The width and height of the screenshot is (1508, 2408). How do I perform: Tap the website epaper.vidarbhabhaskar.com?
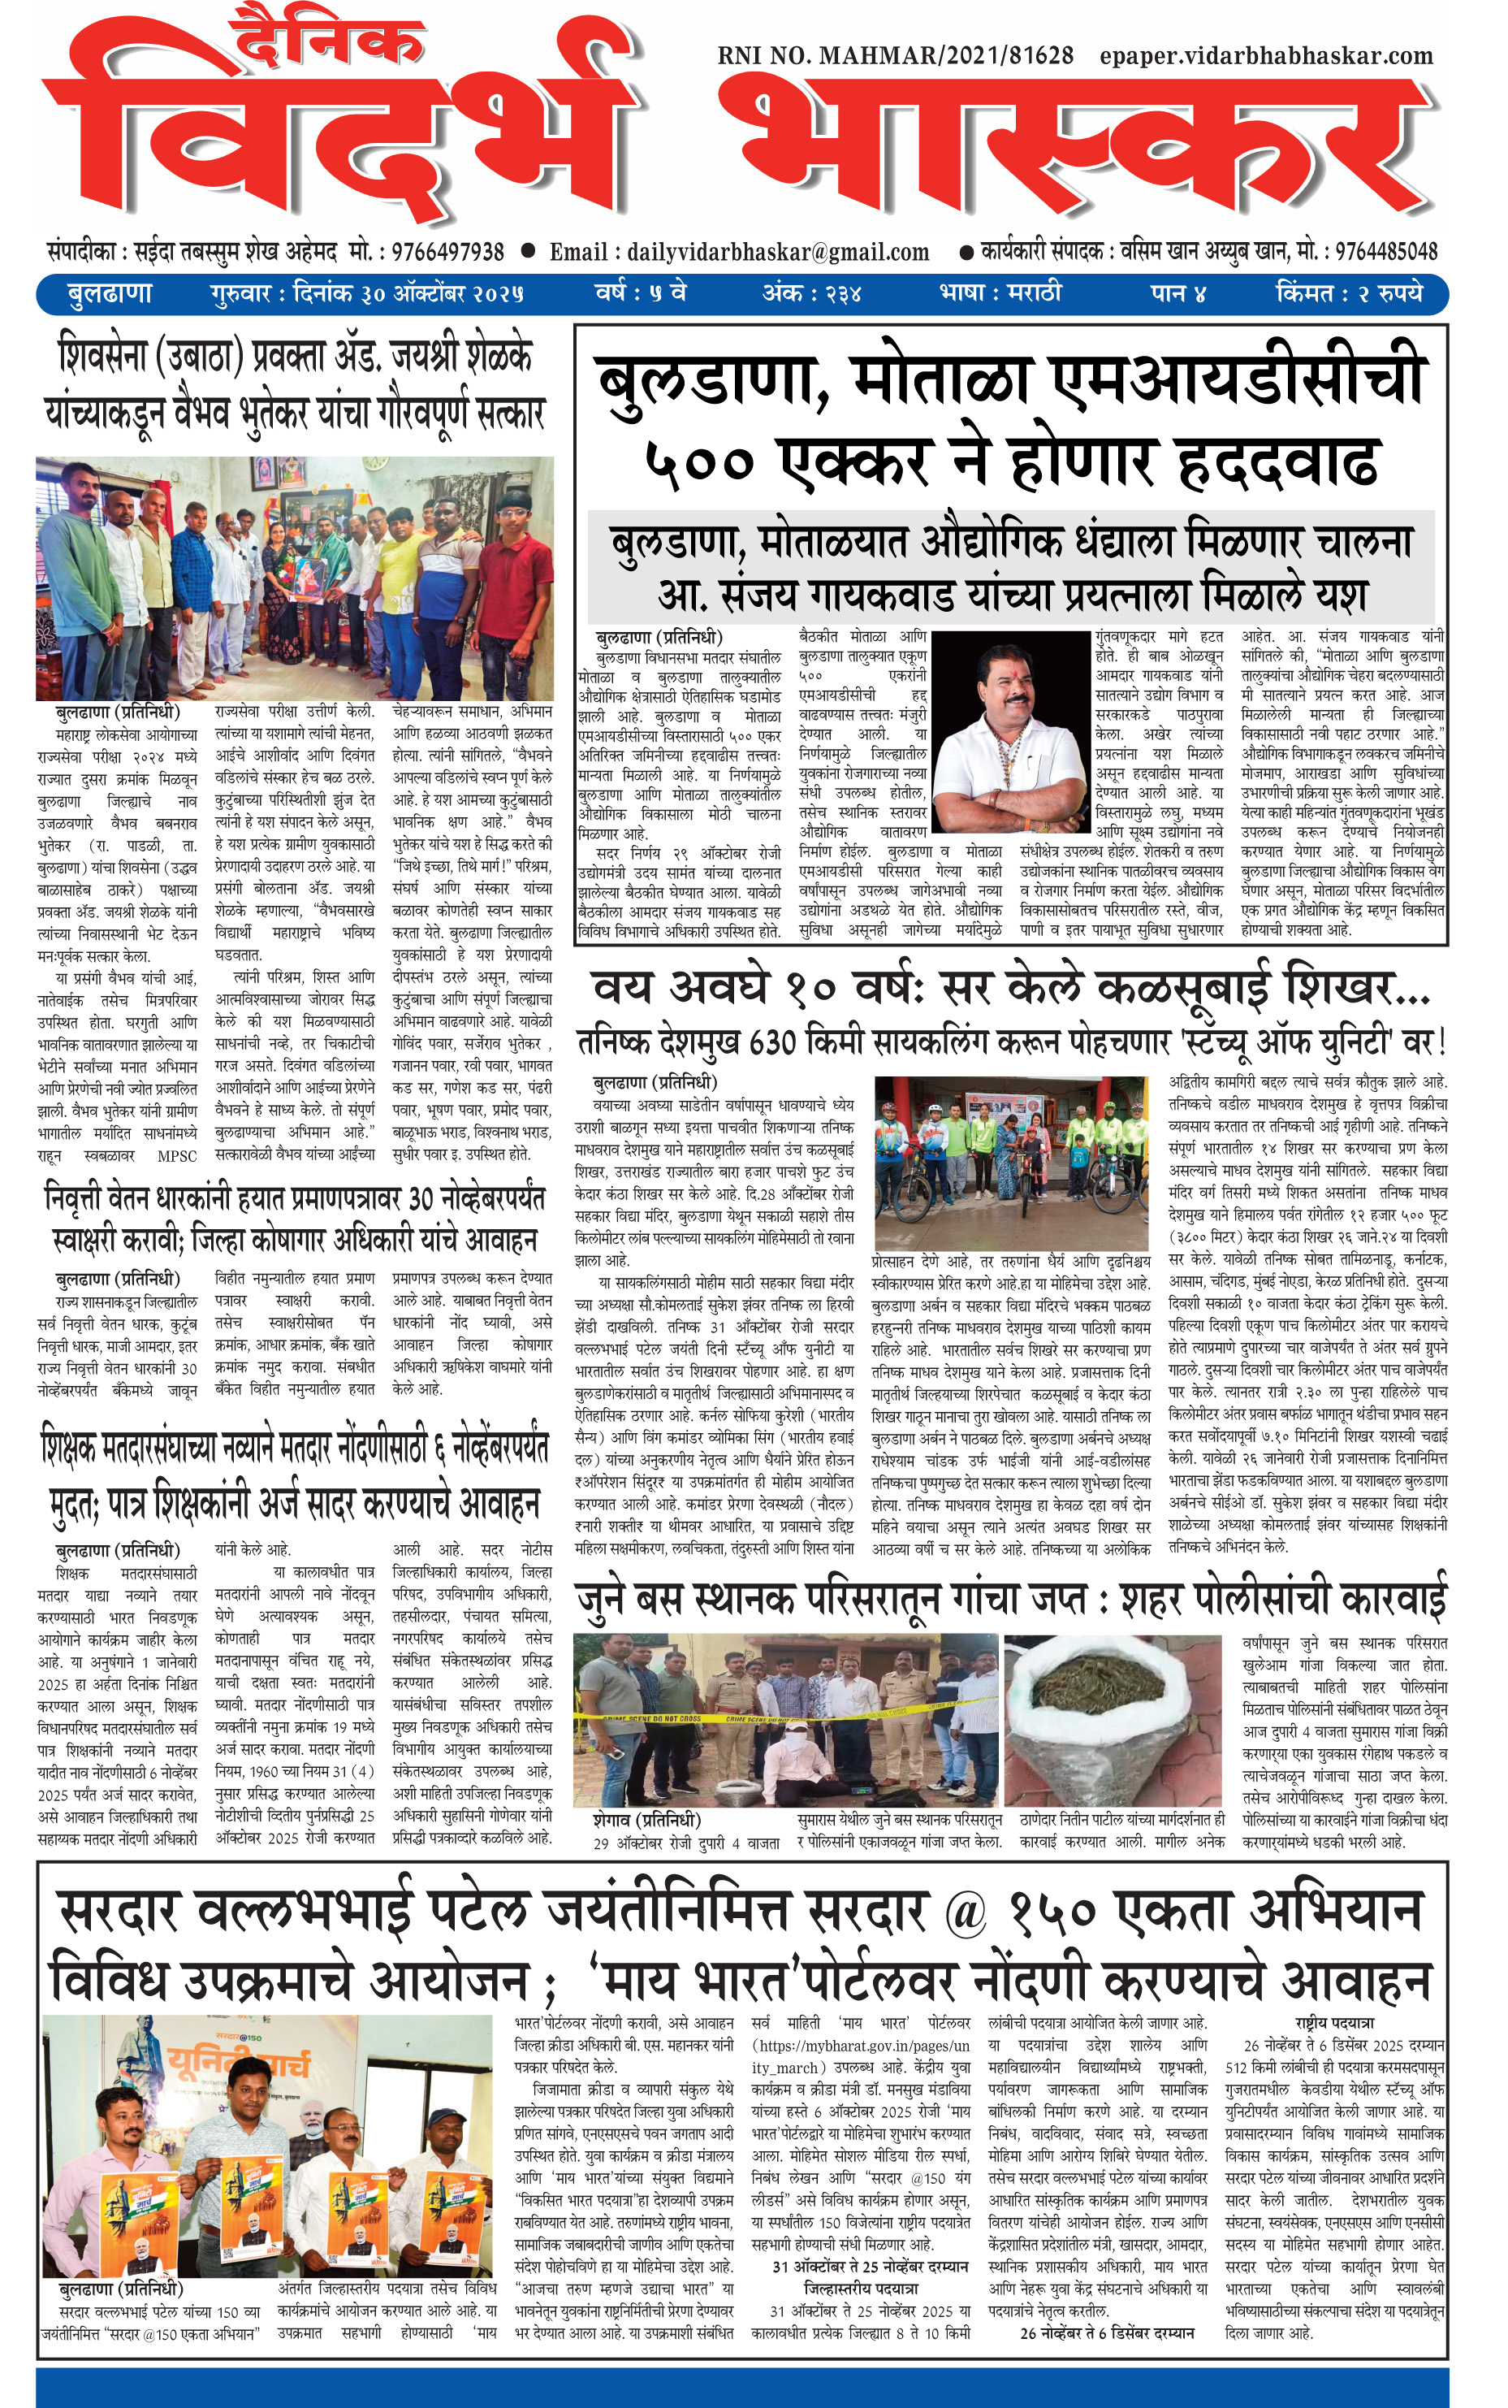[x=1266, y=56]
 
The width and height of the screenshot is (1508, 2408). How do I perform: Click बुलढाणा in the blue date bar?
[x=110, y=294]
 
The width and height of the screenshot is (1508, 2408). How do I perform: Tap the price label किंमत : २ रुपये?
[x=1348, y=294]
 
